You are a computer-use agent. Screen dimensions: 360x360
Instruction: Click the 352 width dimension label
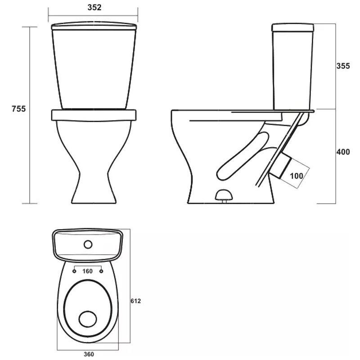[x=94, y=8]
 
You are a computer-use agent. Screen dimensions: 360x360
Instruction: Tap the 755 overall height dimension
[x=19, y=109]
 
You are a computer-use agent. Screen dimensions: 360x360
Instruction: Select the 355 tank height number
[x=343, y=66]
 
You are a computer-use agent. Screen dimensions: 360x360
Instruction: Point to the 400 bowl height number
[x=343, y=152]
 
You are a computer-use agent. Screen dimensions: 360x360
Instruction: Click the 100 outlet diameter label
[x=297, y=176]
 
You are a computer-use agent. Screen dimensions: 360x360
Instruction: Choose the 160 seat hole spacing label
[x=87, y=271]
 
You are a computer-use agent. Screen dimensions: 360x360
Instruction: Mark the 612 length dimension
[x=136, y=301]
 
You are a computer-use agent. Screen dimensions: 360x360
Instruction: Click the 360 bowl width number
[x=89, y=355]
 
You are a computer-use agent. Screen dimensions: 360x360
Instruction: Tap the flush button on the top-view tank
[x=88, y=244]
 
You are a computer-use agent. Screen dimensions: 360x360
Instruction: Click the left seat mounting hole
[x=74, y=271]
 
